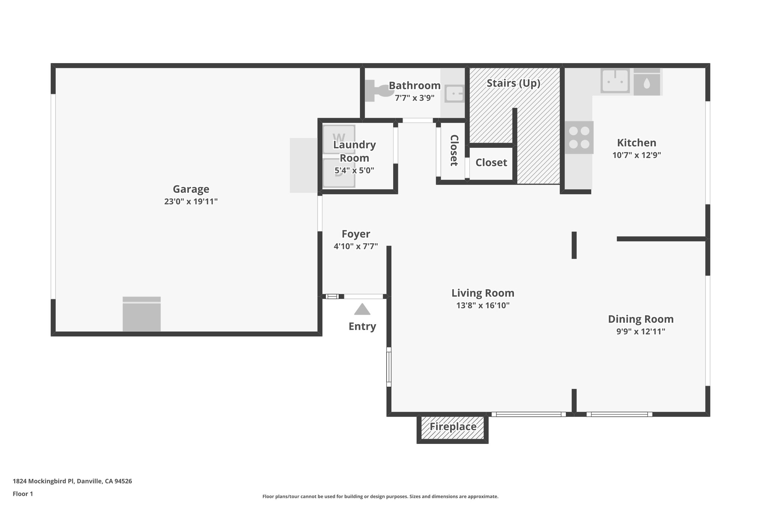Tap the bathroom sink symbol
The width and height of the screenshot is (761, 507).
click(454, 94)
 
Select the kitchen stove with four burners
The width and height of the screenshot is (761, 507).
click(579, 137)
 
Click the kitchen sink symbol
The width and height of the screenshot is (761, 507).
click(615, 81)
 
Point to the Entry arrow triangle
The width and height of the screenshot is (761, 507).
click(362, 309)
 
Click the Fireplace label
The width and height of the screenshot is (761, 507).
click(453, 427)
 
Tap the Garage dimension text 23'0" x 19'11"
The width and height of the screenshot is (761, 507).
click(191, 202)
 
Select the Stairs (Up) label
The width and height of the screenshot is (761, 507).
click(513, 83)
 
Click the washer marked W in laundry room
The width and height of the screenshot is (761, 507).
click(339, 138)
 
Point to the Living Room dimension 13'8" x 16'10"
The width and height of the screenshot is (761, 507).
click(483, 306)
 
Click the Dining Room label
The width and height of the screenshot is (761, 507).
click(641, 319)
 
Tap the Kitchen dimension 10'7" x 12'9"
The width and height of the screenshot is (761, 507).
click(637, 155)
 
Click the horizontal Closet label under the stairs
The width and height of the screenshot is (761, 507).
click(491, 163)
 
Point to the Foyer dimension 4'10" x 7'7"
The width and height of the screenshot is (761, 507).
click(356, 246)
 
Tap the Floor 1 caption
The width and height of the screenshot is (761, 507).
click(23, 494)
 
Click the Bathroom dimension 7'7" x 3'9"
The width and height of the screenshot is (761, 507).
click(414, 98)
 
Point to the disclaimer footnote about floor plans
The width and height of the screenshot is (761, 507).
click(380, 497)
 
